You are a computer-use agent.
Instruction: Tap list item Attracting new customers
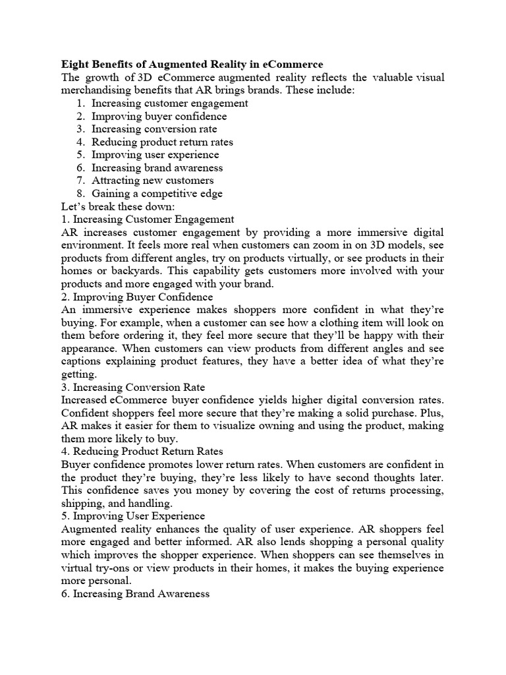point(152,180)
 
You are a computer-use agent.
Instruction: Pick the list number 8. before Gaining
point(80,193)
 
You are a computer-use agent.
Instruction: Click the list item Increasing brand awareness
point(157,167)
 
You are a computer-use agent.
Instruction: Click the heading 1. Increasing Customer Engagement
point(148,219)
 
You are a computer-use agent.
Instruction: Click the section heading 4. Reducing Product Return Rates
point(152,451)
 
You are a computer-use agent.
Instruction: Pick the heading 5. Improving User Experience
point(133,515)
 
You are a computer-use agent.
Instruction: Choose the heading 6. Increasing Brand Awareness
point(135,593)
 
